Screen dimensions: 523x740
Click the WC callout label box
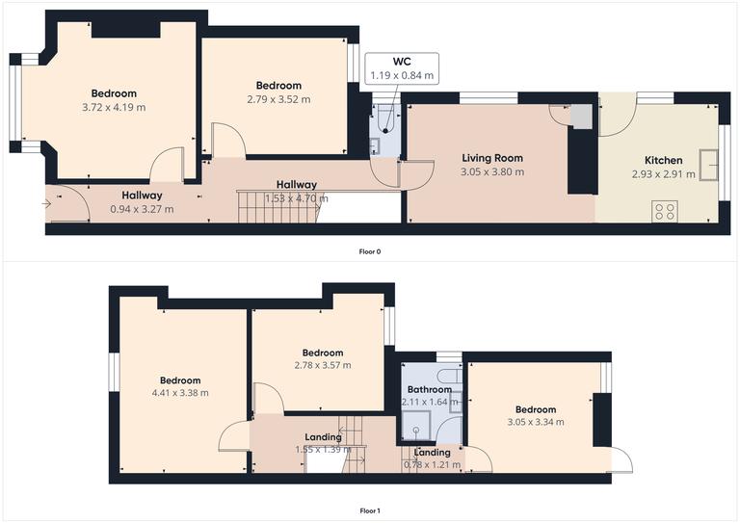pos(403,67)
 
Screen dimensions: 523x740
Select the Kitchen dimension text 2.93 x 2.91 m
pos(663,174)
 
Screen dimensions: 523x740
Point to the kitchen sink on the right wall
pos(711,165)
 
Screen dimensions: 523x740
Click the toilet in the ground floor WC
pos(384,117)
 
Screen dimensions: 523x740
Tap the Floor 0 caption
pos(370,251)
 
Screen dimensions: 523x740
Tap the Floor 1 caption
pos(370,511)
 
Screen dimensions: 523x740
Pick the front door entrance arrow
pos(49,203)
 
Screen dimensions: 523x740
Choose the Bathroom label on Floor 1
pos(430,390)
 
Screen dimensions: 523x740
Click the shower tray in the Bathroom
pos(417,420)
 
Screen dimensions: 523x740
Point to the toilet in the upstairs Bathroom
pos(449,374)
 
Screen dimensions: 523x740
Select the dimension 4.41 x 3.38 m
pos(180,393)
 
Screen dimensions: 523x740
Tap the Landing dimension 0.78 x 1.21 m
pos(431,465)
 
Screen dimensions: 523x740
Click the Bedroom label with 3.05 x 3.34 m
pos(535,409)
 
